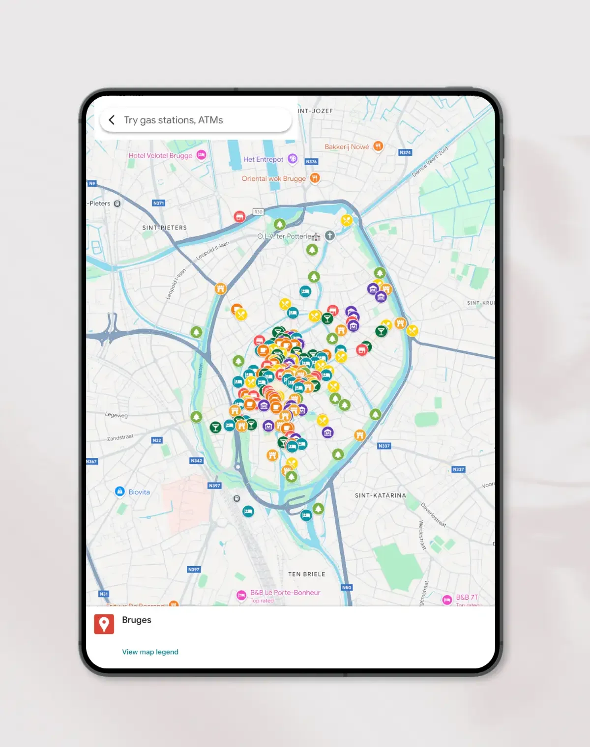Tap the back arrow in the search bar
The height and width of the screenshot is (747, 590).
(112, 120)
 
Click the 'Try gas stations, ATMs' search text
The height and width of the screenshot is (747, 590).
(173, 120)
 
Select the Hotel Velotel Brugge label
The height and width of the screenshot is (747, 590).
(160, 155)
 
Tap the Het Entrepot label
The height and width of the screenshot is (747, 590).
(264, 159)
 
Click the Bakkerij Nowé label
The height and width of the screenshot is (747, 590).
(347, 146)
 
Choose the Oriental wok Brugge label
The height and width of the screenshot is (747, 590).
(273, 178)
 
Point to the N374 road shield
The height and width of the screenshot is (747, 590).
(405, 152)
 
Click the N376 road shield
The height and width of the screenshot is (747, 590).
(311, 161)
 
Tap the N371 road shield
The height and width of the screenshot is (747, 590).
(158, 203)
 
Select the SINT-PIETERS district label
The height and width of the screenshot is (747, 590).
(164, 228)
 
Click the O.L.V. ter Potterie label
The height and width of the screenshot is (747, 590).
(285, 236)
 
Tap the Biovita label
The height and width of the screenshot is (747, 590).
(139, 492)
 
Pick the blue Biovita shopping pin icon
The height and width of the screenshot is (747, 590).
(119, 491)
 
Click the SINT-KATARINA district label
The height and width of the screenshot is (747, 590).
(381, 495)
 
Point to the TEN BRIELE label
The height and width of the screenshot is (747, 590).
(306, 574)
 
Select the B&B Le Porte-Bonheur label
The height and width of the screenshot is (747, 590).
(285, 593)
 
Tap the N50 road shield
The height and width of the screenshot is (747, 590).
(347, 587)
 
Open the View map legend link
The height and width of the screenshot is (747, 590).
(150, 652)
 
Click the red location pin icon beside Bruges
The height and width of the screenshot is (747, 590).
(104, 624)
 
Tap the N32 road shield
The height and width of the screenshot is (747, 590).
(157, 440)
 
